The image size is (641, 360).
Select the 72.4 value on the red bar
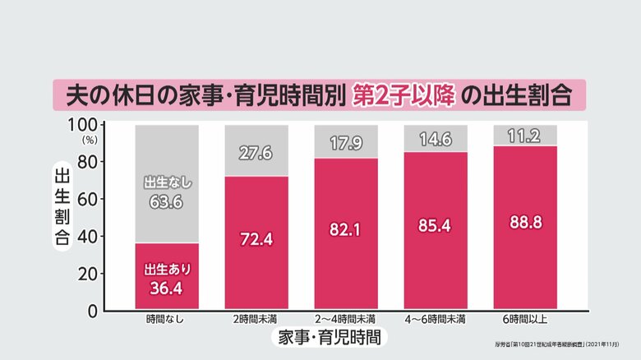point(256,241)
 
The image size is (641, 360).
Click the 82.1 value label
point(345,228)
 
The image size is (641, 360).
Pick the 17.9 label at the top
point(345,143)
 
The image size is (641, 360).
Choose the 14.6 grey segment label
point(435,139)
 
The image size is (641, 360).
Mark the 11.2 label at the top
point(523,136)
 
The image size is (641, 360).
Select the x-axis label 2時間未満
point(256,319)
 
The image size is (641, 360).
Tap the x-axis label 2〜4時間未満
point(345,319)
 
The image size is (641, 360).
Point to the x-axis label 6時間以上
point(523,319)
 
